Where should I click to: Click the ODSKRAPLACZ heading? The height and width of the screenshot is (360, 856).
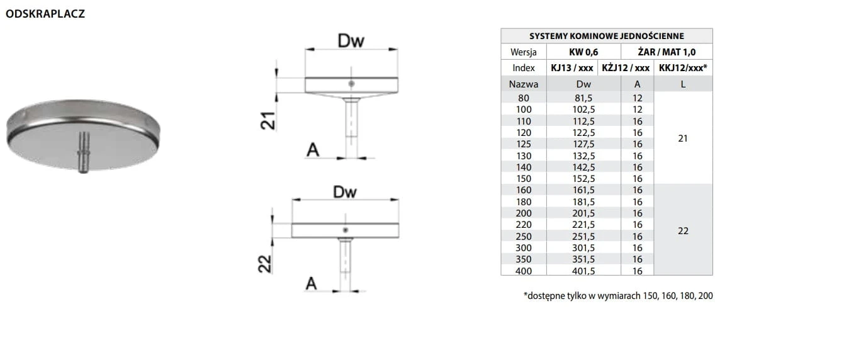[x=45, y=14]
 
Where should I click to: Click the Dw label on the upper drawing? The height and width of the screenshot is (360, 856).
[x=351, y=41]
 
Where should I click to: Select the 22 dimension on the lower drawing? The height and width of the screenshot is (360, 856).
[x=266, y=263]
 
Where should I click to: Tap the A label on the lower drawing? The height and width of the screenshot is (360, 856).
[x=311, y=284]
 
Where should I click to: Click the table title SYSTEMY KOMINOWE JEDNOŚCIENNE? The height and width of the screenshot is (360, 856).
[x=606, y=36]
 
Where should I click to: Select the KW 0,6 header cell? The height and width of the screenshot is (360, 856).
[x=583, y=52]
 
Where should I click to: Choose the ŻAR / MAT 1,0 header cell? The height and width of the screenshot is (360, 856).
[x=667, y=52]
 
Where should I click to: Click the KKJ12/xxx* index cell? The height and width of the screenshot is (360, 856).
[x=683, y=68]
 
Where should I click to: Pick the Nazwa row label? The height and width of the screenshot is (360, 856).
[x=523, y=84]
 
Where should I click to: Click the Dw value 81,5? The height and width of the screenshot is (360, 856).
[x=583, y=98]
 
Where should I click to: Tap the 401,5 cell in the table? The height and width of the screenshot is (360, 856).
[x=583, y=271]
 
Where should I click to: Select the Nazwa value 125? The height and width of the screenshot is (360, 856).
[x=523, y=143]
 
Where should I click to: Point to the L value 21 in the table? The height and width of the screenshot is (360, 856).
[x=683, y=138]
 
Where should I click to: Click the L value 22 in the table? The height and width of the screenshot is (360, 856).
[x=683, y=230]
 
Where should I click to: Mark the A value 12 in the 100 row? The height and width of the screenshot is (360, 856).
[x=637, y=109]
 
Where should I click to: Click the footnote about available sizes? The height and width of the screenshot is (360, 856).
[x=617, y=295]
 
